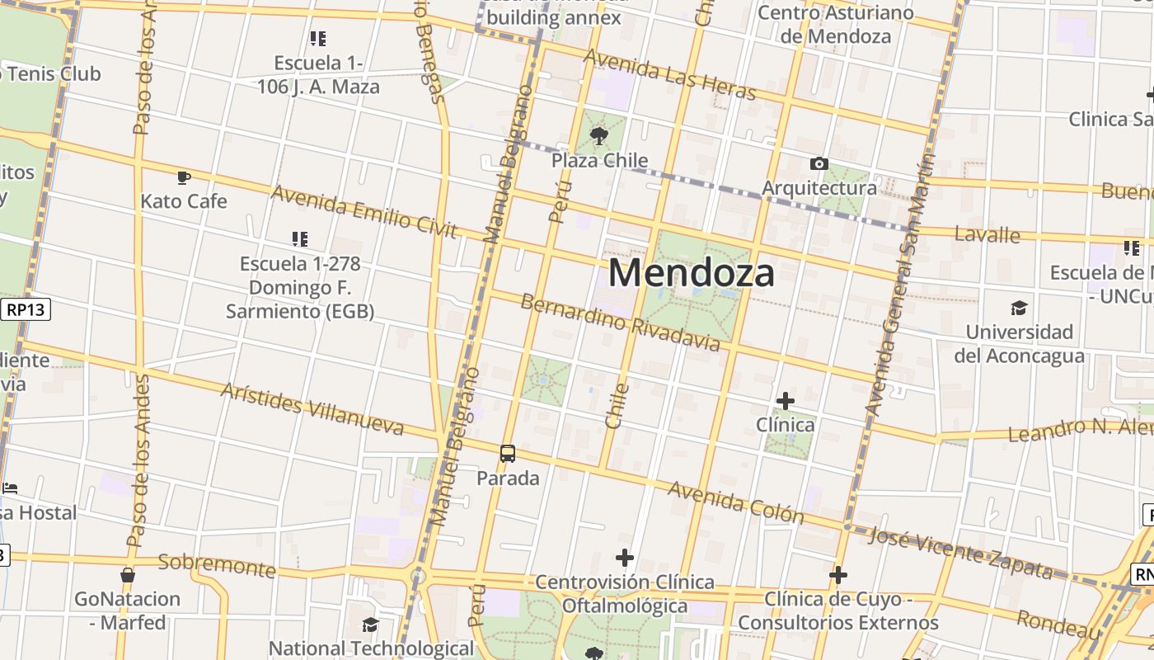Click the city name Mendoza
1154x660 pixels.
[x=691, y=273]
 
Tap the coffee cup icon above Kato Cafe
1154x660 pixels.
[x=184, y=177]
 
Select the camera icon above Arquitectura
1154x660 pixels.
[x=819, y=163]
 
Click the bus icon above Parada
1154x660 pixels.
[x=508, y=454]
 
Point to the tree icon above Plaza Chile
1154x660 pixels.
[x=599, y=136]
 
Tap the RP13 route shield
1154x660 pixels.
[x=26, y=310]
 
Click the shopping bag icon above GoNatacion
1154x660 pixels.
[x=128, y=574]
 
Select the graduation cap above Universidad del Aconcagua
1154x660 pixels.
[x=1019, y=308]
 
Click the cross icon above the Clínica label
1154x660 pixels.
[x=786, y=401]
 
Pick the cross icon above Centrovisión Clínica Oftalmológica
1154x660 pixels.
[x=625, y=558]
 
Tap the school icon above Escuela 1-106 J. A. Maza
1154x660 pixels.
[x=318, y=38]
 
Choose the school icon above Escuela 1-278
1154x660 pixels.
[x=300, y=239]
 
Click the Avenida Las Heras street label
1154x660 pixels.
[x=668, y=73]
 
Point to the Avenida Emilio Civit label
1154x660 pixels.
[x=364, y=210]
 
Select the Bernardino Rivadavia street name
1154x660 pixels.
[x=620, y=321]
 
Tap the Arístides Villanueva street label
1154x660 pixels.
[x=312, y=408]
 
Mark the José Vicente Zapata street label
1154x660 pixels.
[x=960, y=552]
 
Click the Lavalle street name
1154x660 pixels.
[x=987, y=234]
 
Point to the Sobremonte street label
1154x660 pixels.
[x=216, y=565]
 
